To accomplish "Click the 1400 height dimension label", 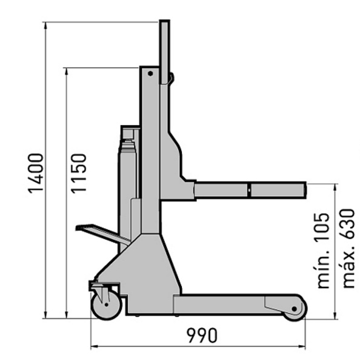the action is pos(36,173).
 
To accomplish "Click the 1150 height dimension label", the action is pos(78,173).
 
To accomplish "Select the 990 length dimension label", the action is pos(202,335).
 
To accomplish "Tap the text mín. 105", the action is pos(324,251).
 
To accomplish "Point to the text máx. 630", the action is pos(348,249).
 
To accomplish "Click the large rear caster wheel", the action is pos(107,305).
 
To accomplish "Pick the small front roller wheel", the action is pos(295,309).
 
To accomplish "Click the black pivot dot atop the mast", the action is pos(150,73).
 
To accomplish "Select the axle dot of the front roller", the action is pos(295,309).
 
